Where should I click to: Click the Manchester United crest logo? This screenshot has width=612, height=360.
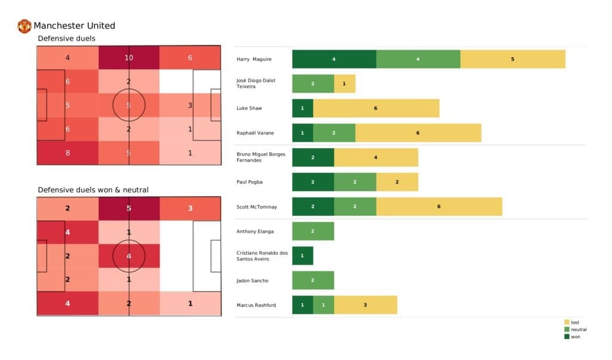[25, 26]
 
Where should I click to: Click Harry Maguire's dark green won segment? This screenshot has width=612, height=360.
[334, 59]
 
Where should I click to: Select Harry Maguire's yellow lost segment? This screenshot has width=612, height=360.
[512, 59]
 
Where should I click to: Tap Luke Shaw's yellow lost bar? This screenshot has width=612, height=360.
[376, 108]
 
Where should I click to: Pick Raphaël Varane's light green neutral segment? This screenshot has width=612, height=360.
[334, 133]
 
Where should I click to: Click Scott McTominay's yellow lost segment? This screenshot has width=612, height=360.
[439, 206]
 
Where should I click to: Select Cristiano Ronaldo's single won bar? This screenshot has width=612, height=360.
[302, 255]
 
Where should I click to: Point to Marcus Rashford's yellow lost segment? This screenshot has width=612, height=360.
[365, 305]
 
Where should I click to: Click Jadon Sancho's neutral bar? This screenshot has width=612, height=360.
[313, 280]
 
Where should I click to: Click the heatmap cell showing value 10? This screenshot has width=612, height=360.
[128, 58]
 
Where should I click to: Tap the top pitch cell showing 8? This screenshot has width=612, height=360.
[68, 152]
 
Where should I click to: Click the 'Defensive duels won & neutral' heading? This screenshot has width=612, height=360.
[93, 190]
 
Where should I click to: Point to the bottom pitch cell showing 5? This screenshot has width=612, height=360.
[128, 209]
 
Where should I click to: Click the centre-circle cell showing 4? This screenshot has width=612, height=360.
[128, 256]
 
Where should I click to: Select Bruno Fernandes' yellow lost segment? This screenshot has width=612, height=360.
[376, 157]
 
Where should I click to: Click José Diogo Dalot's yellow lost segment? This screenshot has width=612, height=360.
[344, 84]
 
